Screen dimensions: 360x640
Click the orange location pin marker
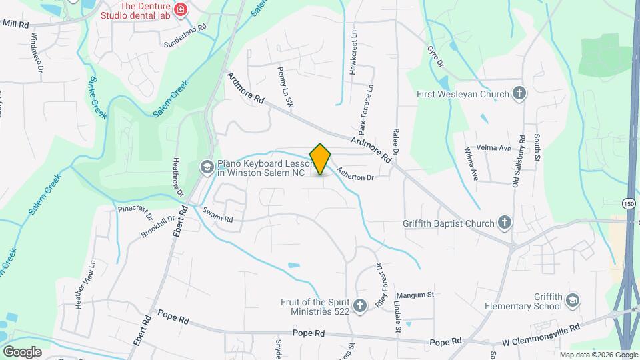click(x=321, y=159)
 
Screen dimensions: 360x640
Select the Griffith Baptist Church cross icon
click(x=505, y=223)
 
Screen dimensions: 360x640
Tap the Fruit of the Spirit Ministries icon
click(x=360, y=306)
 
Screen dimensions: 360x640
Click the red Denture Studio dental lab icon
click(x=180, y=9)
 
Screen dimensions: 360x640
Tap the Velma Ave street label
click(x=493, y=148)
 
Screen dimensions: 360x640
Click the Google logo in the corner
click(x=22, y=351)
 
